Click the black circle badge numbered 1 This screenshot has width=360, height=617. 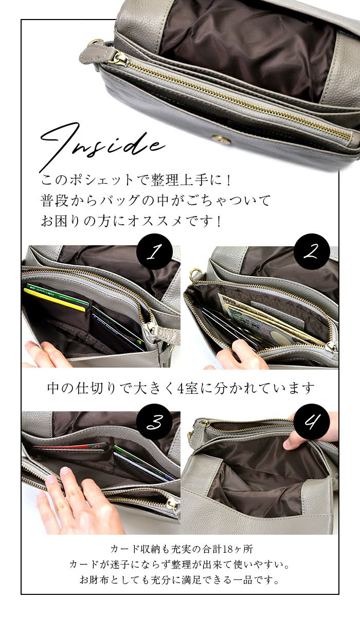pyautogui.click(x=154, y=251)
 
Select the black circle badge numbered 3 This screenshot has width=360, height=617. pyautogui.click(x=154, y=423)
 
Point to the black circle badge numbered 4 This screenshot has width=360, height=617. pyautogui.click(x=312, y=422)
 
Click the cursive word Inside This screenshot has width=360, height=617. pyautogui.click(x=102, y=144)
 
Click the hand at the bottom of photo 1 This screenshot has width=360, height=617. pyautogui.click(x=47, y=355)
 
